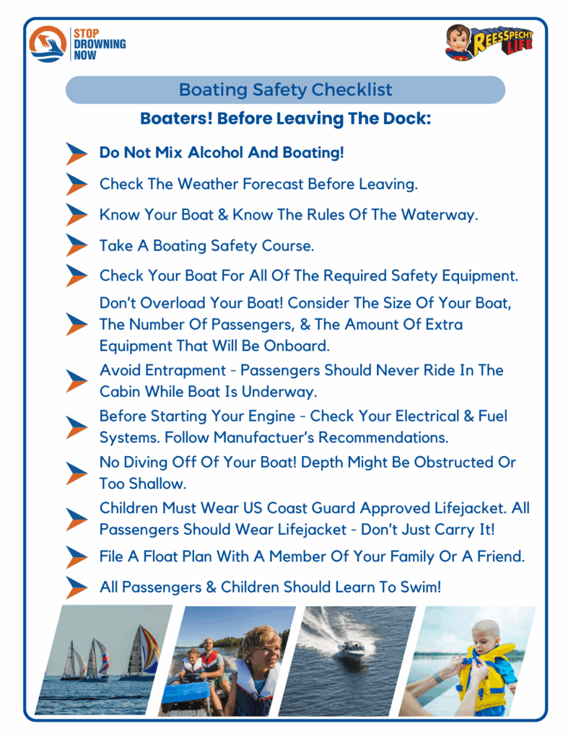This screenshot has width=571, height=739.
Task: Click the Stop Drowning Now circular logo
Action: click(48, 44)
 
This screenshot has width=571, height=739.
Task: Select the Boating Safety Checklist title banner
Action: click(285, 89)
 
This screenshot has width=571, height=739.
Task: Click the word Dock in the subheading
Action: click(406, 118)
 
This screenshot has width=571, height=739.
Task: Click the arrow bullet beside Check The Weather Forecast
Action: click(77, 184)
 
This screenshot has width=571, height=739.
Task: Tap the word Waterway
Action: click(440, 215)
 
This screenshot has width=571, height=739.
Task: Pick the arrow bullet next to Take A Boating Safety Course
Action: click(77, 245)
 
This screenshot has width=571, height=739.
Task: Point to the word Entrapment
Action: click(186, 371)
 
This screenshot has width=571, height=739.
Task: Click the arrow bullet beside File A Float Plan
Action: click(77, 557)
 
